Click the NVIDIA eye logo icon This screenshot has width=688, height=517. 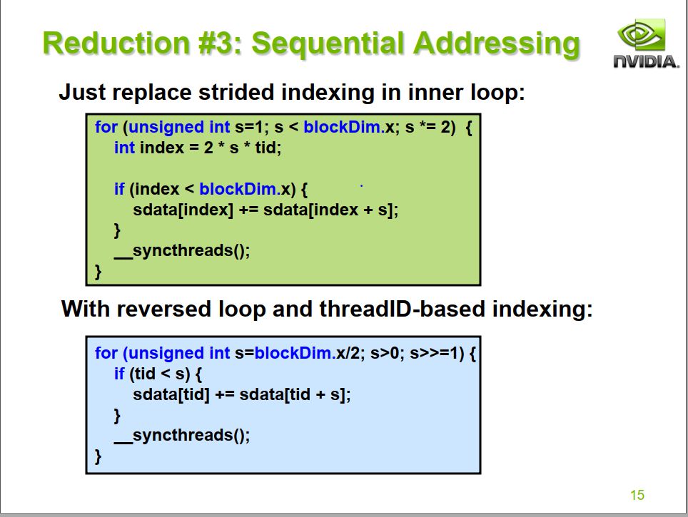(x=642, y=34)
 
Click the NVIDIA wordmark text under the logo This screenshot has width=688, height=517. (x=647, y=62)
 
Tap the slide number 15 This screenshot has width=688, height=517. (x=637, y=495)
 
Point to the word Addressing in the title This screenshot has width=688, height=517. (x=497, y=43)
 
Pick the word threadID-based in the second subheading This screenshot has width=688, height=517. (x=403, y=309)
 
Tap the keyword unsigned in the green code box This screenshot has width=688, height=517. (x=166, y=127)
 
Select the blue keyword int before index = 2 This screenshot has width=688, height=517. (x=124, y=148)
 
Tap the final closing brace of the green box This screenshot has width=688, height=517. (x=98, y=272)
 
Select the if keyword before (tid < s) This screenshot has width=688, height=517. (x=119, y=374)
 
